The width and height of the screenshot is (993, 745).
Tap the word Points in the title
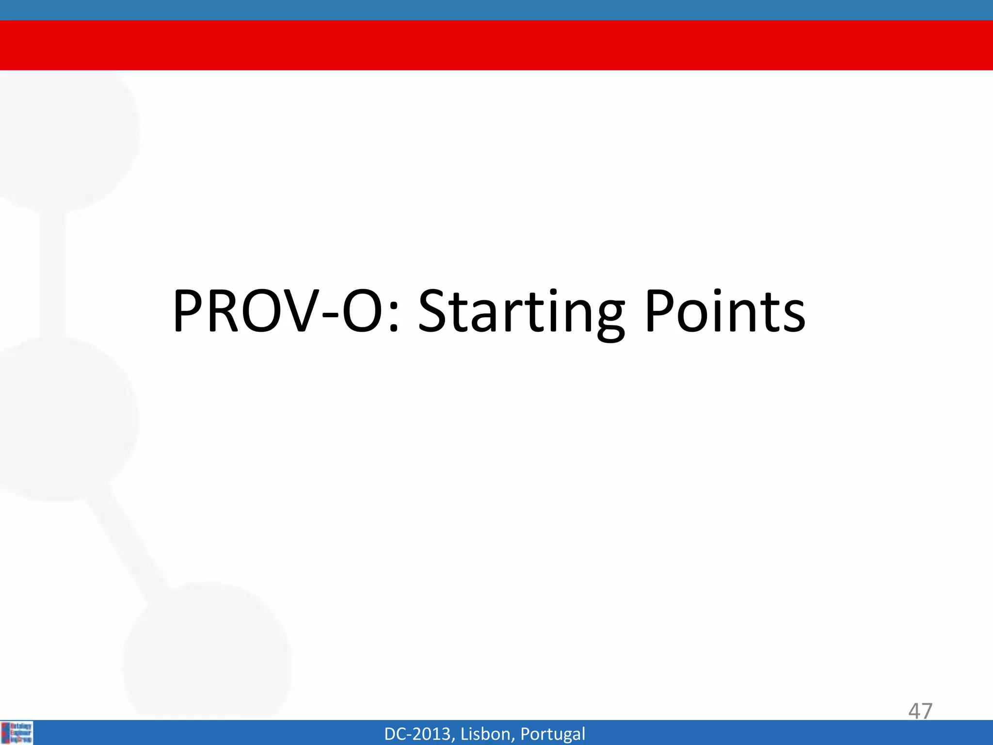click(x=725, y=311)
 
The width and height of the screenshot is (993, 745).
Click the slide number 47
click(x=920, y=711)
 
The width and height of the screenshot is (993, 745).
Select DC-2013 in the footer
click(x=419, y=734)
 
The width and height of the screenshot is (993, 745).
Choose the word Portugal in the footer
click(x=552, y=734)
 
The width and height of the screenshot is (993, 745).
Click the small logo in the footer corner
click(x=17, y=733)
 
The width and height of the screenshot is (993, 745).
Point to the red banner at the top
click(x=496, y=45)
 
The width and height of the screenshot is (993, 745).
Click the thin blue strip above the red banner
click(x=496, y=10)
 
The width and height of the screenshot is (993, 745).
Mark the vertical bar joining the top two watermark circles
click(x=52, y=274)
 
